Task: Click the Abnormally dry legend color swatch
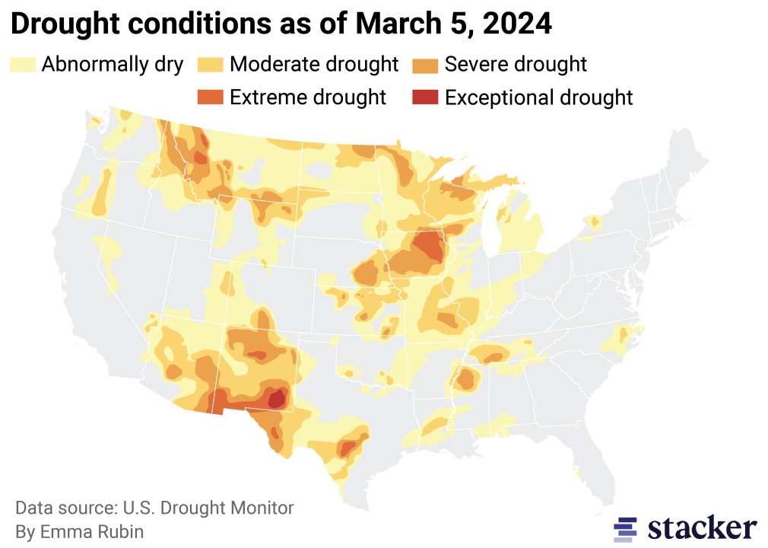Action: [23, 64]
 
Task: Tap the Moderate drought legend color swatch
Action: [211, 64]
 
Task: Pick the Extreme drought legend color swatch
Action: [211, 97]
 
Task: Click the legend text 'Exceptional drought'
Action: [538, 97]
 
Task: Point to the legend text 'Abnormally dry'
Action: [112, 64]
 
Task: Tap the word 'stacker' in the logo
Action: [703, 527]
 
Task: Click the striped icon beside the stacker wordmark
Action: [625, 528]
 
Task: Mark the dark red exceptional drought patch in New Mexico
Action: [278, 397]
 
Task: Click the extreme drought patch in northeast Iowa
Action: [430, 247]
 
